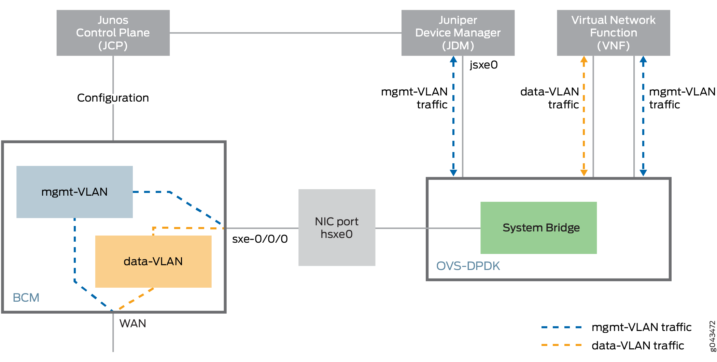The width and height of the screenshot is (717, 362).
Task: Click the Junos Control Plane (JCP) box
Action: [113, 33]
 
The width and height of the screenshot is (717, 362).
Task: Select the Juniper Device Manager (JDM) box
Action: [458, 33]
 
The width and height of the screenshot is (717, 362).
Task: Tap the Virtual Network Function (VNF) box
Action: [613, 33]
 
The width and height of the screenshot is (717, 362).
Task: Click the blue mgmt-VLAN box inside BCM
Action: [74, 192]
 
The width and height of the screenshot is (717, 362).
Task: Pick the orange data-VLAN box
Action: [153, 261]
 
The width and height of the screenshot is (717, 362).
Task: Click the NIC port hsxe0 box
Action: [337, 227]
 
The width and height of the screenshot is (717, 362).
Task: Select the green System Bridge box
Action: [538, 228]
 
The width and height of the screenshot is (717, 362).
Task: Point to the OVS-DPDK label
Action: [468, 266]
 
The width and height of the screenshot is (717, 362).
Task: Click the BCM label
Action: [26, 298]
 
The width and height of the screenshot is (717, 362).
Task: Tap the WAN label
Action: [132, 323]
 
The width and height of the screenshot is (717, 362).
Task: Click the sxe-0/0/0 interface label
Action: [260, 239]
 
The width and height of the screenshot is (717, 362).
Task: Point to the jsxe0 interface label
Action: [483, 65]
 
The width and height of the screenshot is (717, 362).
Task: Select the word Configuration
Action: [113, 98]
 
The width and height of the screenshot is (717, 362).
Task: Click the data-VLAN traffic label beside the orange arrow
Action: [550, 98]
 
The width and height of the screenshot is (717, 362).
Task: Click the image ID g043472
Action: [712, 336]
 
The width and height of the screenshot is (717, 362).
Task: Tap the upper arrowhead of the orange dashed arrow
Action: [584, 60]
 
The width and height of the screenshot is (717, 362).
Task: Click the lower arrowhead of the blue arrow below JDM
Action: [453, 172]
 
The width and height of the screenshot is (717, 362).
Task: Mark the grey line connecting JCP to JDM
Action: [285, 33]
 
